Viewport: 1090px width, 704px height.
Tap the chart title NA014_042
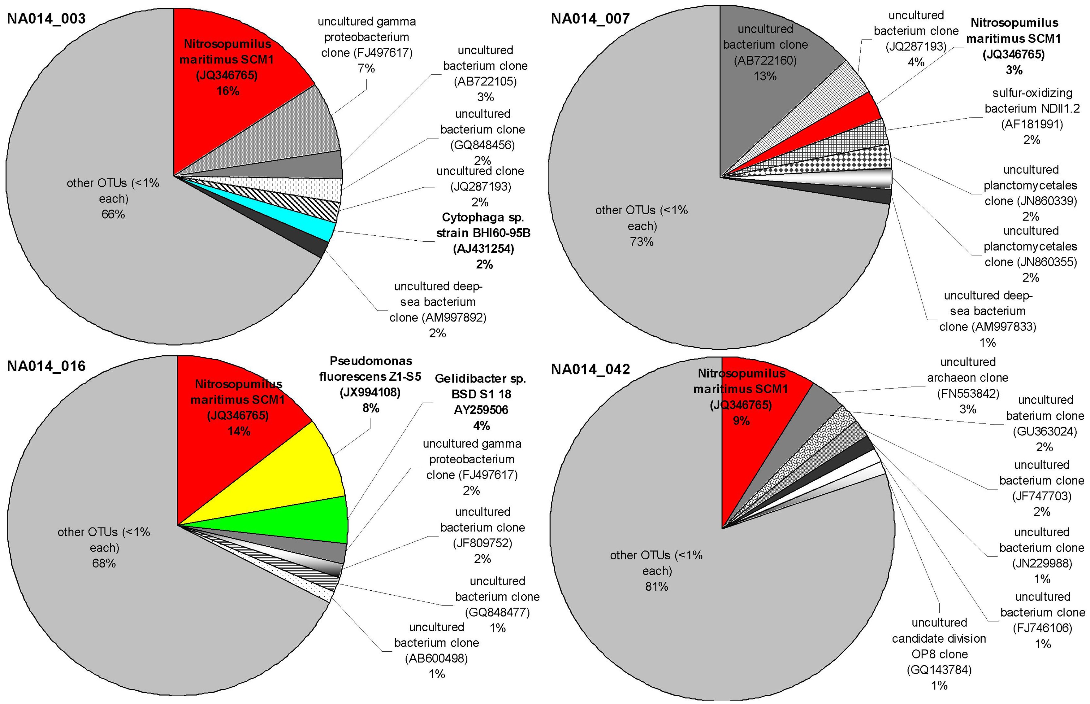pos(590,369)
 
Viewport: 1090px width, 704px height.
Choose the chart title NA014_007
pos(590,19)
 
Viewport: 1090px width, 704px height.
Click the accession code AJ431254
pos(483,249)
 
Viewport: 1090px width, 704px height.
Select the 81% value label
pos(656,587)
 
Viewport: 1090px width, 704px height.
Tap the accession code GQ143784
pos(939,670)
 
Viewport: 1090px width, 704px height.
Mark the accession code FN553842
pos(967,394)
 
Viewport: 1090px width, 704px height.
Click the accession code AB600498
pos(436,658)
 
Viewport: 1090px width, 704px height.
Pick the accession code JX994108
pos(370,392)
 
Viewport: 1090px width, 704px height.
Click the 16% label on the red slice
pos(227,91)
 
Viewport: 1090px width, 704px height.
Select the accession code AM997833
pos(988,327)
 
